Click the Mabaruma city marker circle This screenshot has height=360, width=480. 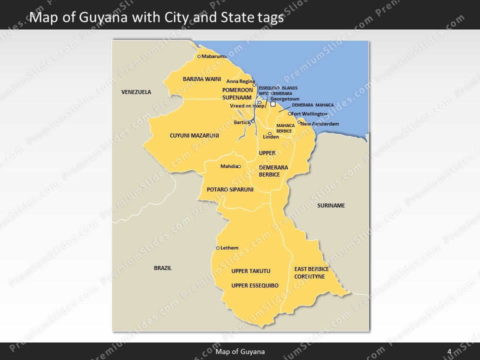pyautogui.click(x=199, y=56)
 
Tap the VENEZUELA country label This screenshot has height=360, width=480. pyautogui.click(x=136, y=92)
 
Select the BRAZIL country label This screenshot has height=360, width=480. pyautogui.click(x=162, y=268)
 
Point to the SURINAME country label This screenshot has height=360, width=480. pyautogui.click(x=331, y=205)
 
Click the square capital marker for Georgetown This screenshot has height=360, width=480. pyautogui.click(x=273, y=105)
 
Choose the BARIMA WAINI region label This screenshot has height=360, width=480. pyautogui.click(x=202, y=79)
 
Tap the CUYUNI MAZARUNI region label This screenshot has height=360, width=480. pyautogui.click(x=194, y=135)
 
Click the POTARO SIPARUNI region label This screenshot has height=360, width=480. pyautogui.click(x=230, y=189)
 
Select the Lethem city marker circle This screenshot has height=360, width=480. pyautogui.click(x=217, y=248)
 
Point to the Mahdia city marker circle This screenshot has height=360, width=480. pyautogui.click(x=239, y=166)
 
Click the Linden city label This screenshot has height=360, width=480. pyautogui.click(x=271, y=137)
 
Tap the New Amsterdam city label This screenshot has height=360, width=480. pyautogui.click(x=320, y=123)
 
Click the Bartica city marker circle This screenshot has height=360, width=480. pyautogui.click(x=253, y=121)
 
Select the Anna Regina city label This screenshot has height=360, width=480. pyautogui.click(x=240, y=81)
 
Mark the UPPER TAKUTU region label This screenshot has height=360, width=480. pyautogui.click(x=250, y=271)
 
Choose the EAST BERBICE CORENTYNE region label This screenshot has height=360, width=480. pyautogui.click(x=311, y=272)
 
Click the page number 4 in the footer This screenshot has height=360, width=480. pyautogui.click(x=449, y=351)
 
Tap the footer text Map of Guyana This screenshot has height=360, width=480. pyautogui.click(x=240, y=351)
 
